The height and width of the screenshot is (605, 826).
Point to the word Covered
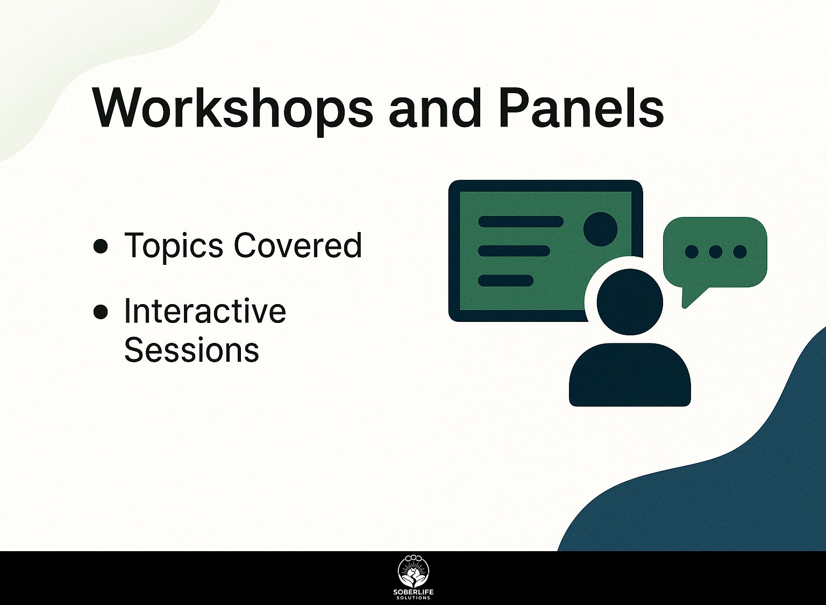coord(297,245)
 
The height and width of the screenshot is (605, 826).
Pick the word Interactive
coord(205,311)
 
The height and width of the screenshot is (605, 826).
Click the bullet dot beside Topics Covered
coord(101,247)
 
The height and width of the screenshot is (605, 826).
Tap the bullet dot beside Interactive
coord(101,312)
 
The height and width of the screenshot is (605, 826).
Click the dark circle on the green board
coord(600,229)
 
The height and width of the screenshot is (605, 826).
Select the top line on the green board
coord(521,221)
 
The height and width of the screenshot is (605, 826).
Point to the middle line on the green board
coord(514,251)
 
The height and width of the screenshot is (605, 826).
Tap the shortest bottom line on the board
coord(505,280)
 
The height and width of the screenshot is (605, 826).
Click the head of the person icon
coord(630,302)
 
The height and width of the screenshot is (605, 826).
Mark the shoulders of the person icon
coord(630,375)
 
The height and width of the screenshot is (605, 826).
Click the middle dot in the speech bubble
coord(715,252)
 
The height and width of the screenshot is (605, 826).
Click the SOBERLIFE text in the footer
coord(414,593)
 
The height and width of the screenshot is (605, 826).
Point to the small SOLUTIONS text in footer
coord(414,598)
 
